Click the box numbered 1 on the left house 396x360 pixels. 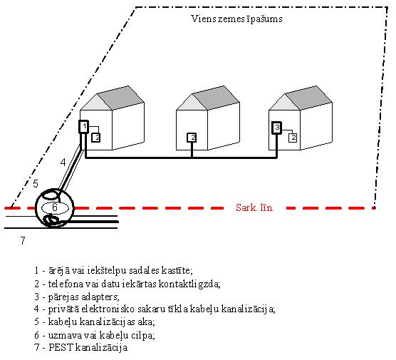83,127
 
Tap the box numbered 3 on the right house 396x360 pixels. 277,128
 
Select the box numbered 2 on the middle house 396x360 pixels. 192,138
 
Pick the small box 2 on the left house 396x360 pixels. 96,138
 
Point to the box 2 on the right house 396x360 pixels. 293,138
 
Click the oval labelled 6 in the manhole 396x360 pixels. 55,208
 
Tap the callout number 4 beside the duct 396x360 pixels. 63,163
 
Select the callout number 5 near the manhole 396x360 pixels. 36,184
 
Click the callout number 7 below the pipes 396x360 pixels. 23,240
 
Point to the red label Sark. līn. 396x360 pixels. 254,208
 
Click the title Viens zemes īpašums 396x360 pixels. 236,19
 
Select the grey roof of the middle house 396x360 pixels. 216,98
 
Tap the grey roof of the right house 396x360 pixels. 308,98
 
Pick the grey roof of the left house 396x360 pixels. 120,98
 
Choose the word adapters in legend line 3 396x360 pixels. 103,297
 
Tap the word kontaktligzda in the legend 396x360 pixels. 189,284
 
